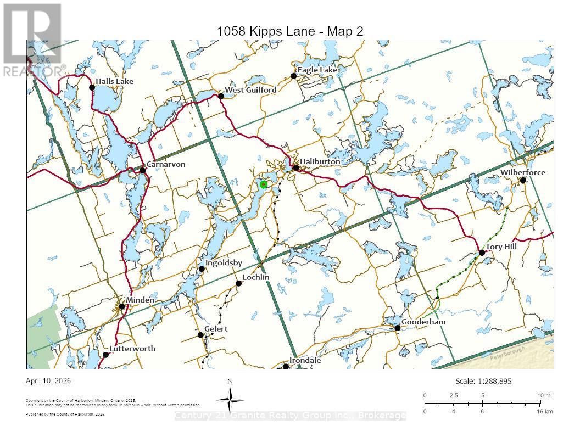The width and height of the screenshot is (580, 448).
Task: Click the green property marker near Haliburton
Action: (264, 184)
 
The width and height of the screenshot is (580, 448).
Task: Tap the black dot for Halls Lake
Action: (92, 87)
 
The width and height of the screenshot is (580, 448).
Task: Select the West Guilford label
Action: (250, 89)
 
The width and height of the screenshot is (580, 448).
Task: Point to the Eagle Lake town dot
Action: (294, 76)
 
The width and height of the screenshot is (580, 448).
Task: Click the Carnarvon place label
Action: (166, 164)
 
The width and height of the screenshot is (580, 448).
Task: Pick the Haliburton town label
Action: (320, 162)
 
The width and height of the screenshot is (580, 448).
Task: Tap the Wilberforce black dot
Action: (523, 180)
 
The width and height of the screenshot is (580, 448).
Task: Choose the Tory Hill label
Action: (501, 247)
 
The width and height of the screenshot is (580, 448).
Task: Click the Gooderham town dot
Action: (397, 328)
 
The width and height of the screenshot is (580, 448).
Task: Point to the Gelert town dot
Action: (200, 335)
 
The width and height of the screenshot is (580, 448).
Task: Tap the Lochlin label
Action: (256, 277)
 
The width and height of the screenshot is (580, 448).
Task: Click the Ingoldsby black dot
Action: (202, 268)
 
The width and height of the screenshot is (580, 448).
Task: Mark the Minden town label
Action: (141, 300)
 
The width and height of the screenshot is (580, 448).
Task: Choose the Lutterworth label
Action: (132, 349)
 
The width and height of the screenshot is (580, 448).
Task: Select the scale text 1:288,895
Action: (483, 381)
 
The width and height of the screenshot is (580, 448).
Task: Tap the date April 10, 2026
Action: (48, 380)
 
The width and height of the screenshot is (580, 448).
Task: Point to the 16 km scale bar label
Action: (544, 411)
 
